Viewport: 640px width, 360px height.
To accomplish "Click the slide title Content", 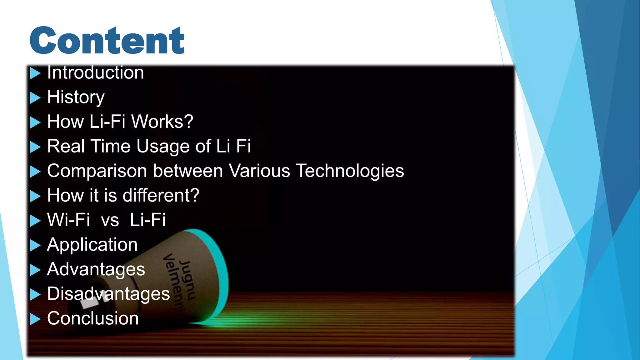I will pos(107,41).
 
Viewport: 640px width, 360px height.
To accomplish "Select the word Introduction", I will pos(95,73).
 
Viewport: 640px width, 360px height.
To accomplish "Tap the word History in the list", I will pos(76,97).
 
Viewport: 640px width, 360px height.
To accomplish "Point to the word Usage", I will pos(162,147).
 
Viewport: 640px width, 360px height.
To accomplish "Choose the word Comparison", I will pos(97,171).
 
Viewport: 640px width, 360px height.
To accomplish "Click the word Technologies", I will pos(350,171).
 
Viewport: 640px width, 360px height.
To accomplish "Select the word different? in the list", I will pos(161,196).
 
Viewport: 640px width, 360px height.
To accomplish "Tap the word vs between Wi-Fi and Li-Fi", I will pos(110,220).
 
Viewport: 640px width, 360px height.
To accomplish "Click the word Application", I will pos(92,245).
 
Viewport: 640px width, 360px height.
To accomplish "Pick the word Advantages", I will pos(96,269).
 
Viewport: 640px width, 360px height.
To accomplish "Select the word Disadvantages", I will pos(108,294).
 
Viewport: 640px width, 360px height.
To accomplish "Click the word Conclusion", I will pos(93,318).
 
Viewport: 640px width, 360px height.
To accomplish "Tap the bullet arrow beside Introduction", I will pos(35,73).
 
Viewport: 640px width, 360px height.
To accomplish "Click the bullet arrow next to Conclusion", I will pos(35,319).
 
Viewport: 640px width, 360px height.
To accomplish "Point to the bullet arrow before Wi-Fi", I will pos(35,221).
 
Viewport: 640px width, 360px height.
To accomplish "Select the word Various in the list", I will pos(259,171).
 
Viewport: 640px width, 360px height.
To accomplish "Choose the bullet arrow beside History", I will pos(35,98).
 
